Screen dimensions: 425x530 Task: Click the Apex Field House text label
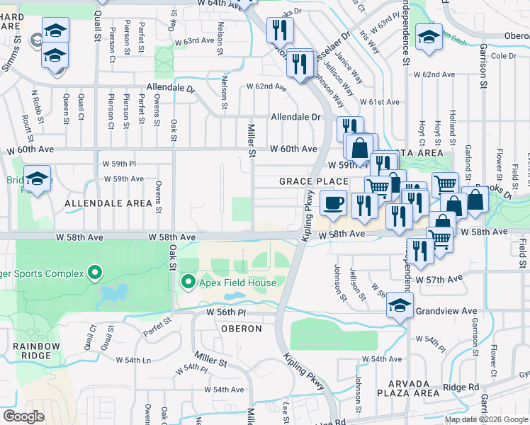(x=236, y=283)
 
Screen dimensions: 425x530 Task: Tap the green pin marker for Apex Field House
(x=188, y=283)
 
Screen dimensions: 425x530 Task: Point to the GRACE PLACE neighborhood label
(x=313, y=182)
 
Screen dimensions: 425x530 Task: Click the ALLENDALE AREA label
(x=108, y=204)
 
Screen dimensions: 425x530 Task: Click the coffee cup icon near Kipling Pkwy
(x=333, y=203)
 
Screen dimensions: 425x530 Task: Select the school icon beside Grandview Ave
(x=400, y=307)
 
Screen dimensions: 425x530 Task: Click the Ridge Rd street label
(x=461, y=387)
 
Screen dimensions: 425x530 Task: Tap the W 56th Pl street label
(x=225, y=312)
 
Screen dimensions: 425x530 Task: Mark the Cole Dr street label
(x=503, y=55)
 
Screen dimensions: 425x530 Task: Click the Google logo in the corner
(x=24, y=416)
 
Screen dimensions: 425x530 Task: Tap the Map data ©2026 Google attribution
(x=485, y=419)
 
